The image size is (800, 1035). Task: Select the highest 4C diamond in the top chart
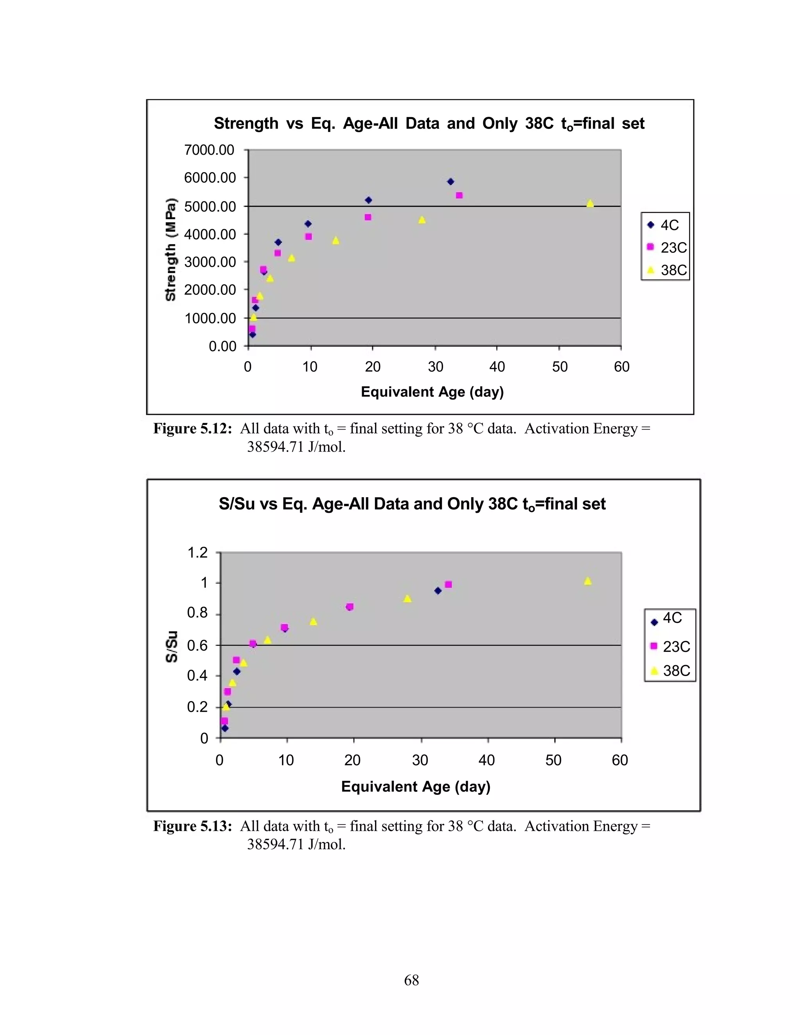450,182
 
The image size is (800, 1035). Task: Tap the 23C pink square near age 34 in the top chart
459,195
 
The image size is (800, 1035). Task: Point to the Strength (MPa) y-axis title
171,249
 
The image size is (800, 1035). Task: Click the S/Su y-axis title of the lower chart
171,646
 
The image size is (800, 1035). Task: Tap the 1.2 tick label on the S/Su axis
198,553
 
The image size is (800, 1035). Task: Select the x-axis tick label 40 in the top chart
497,366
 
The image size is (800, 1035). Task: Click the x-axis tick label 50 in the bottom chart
553,760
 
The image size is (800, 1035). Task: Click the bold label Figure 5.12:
193,429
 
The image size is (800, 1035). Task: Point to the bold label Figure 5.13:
193,826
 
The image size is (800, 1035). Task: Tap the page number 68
411,980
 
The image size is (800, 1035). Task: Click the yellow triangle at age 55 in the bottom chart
587,582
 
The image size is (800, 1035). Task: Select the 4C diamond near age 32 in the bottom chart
437,591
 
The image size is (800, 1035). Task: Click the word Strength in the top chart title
246,124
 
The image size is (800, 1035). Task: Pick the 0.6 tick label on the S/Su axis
198,646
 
